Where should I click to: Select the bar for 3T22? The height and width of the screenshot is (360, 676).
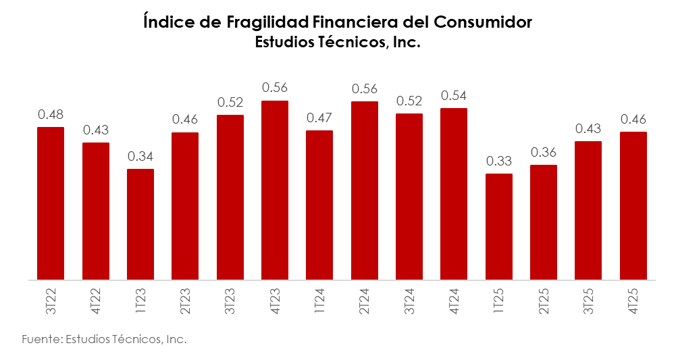point(51,203)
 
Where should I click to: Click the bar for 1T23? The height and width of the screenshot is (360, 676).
point(140,224)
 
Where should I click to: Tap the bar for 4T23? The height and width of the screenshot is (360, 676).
point(275,190)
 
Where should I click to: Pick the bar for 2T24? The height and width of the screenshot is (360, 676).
point(365,190)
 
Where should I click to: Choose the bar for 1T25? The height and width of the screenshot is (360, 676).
point(499,226)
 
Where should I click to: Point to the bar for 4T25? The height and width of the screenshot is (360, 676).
point(633,205)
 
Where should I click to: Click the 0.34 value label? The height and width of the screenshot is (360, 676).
point(140,157)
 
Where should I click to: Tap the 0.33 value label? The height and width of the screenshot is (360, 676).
point(499,161)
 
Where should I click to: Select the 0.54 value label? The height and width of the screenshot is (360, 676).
point(454,96)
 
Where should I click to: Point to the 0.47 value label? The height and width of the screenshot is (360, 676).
point(319,118)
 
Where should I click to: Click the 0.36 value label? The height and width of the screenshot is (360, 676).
point(544,153)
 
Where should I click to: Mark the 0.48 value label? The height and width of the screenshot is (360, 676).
point(51,115)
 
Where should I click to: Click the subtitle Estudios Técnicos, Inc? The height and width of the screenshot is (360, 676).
point(338,43)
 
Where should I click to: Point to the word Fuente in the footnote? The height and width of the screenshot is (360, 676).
point(39,339)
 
